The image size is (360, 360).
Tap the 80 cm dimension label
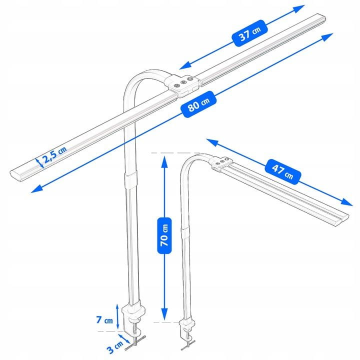click(x=199, y=105)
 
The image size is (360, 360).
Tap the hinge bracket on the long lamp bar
click(x=183, y=84)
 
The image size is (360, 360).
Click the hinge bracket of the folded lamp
click(x=220, y=162)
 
